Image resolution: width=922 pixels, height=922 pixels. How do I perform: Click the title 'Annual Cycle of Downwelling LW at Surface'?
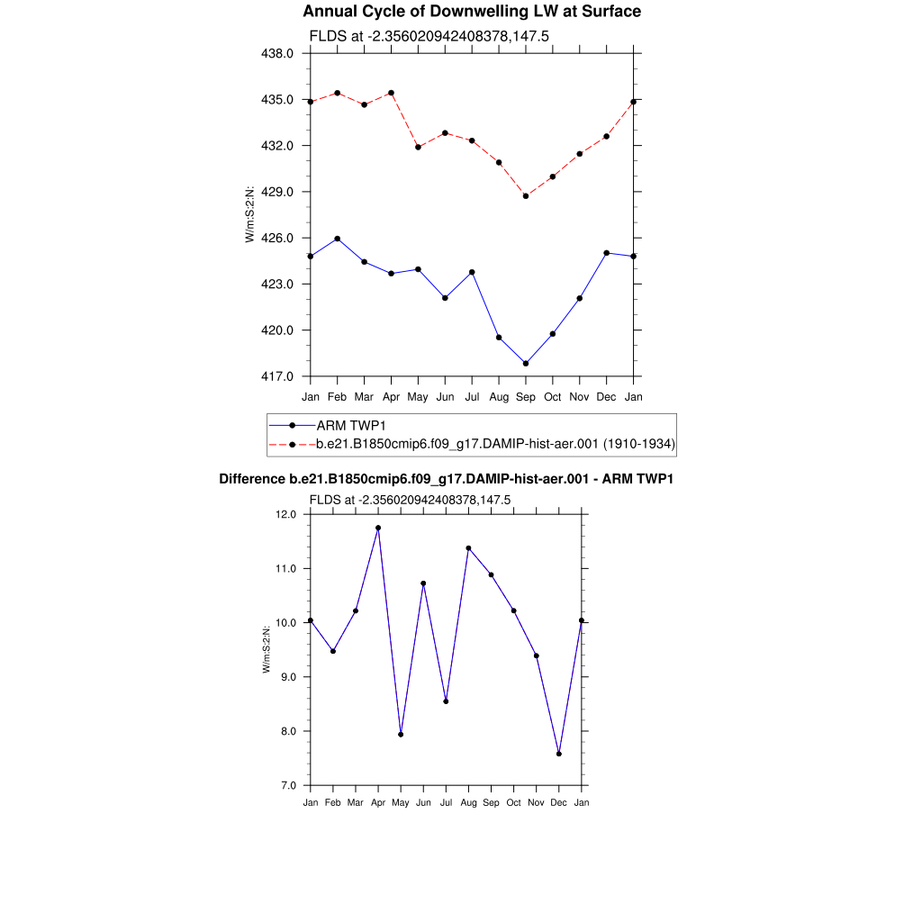coord(472,12)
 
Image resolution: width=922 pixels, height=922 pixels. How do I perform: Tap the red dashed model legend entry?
coord(495,444)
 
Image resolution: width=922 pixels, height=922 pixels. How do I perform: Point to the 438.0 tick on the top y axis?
coord(277,53)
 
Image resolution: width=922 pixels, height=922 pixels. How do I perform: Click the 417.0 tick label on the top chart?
coord(277,376)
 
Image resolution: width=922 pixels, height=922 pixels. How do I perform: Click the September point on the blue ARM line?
coord(526,364)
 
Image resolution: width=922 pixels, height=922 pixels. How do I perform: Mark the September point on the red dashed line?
coord(526,195)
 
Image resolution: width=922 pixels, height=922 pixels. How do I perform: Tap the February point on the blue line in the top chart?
coord(337,239)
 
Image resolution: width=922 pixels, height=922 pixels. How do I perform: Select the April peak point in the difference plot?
coord(378,528)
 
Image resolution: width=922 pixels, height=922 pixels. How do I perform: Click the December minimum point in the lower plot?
coord(559,754)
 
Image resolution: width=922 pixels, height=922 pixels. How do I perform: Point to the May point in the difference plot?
coord(401,735)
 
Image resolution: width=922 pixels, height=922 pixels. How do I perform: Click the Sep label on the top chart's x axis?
coord(526,397)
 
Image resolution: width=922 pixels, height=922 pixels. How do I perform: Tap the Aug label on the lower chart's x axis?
coord(468,802)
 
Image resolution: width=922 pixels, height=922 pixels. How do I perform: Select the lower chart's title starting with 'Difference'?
coord(447,479)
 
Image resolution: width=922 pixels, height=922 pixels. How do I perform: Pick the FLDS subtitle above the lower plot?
coord(410,500)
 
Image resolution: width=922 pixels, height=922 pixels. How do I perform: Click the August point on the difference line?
coord(468,547)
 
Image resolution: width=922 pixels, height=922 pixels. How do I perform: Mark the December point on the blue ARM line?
coord(607,253)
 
